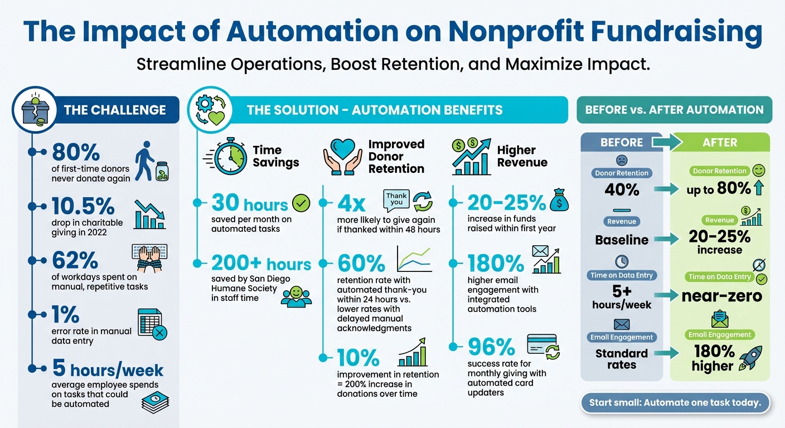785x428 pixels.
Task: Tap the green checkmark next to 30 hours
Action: [301, 203]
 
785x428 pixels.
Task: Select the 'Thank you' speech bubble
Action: [397, 199]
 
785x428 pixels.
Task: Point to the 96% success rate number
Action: [491, 347]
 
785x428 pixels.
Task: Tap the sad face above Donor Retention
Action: [621, 160]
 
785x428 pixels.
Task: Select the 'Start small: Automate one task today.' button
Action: [675, 402]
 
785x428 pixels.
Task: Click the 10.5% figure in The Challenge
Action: [83, 206]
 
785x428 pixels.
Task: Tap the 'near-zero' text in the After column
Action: [721, 296]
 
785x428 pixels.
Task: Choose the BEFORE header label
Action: [622, 142]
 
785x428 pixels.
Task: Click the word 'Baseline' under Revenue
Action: [622, 240]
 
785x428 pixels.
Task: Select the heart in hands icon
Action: [342, 156]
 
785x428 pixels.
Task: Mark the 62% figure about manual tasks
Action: [75, 260]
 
